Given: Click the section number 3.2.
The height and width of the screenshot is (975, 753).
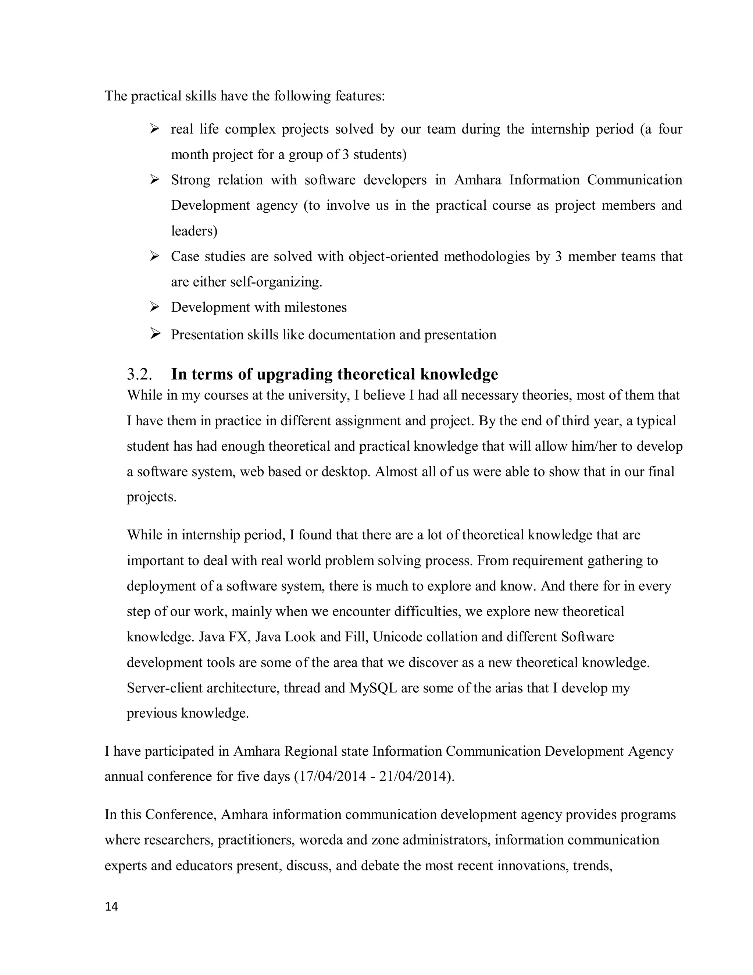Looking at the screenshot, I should pyautogui.click(x=139, y=374).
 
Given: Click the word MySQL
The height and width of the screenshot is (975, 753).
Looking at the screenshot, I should pyautogui.click(x=373, y=688).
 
